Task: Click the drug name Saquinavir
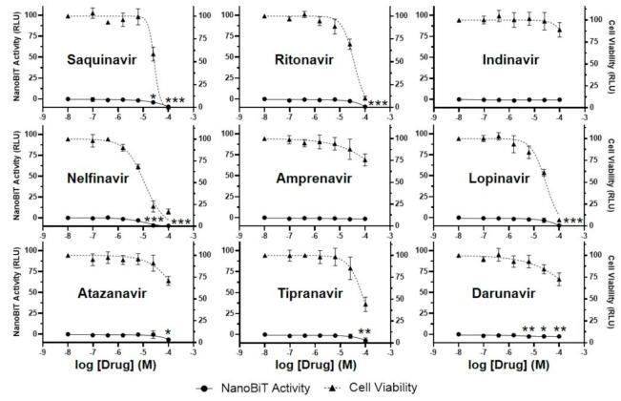pyautogui.click(x=105, y=59)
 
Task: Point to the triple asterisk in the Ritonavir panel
pyautogui.click(x=378, y=103)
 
